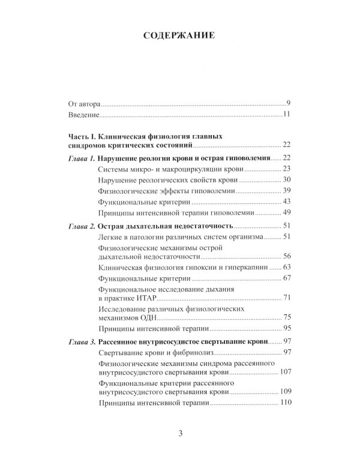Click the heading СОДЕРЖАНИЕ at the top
[x=179, y=35]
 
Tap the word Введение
[x=85, y=115]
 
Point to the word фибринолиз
[x=173, y=352]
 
